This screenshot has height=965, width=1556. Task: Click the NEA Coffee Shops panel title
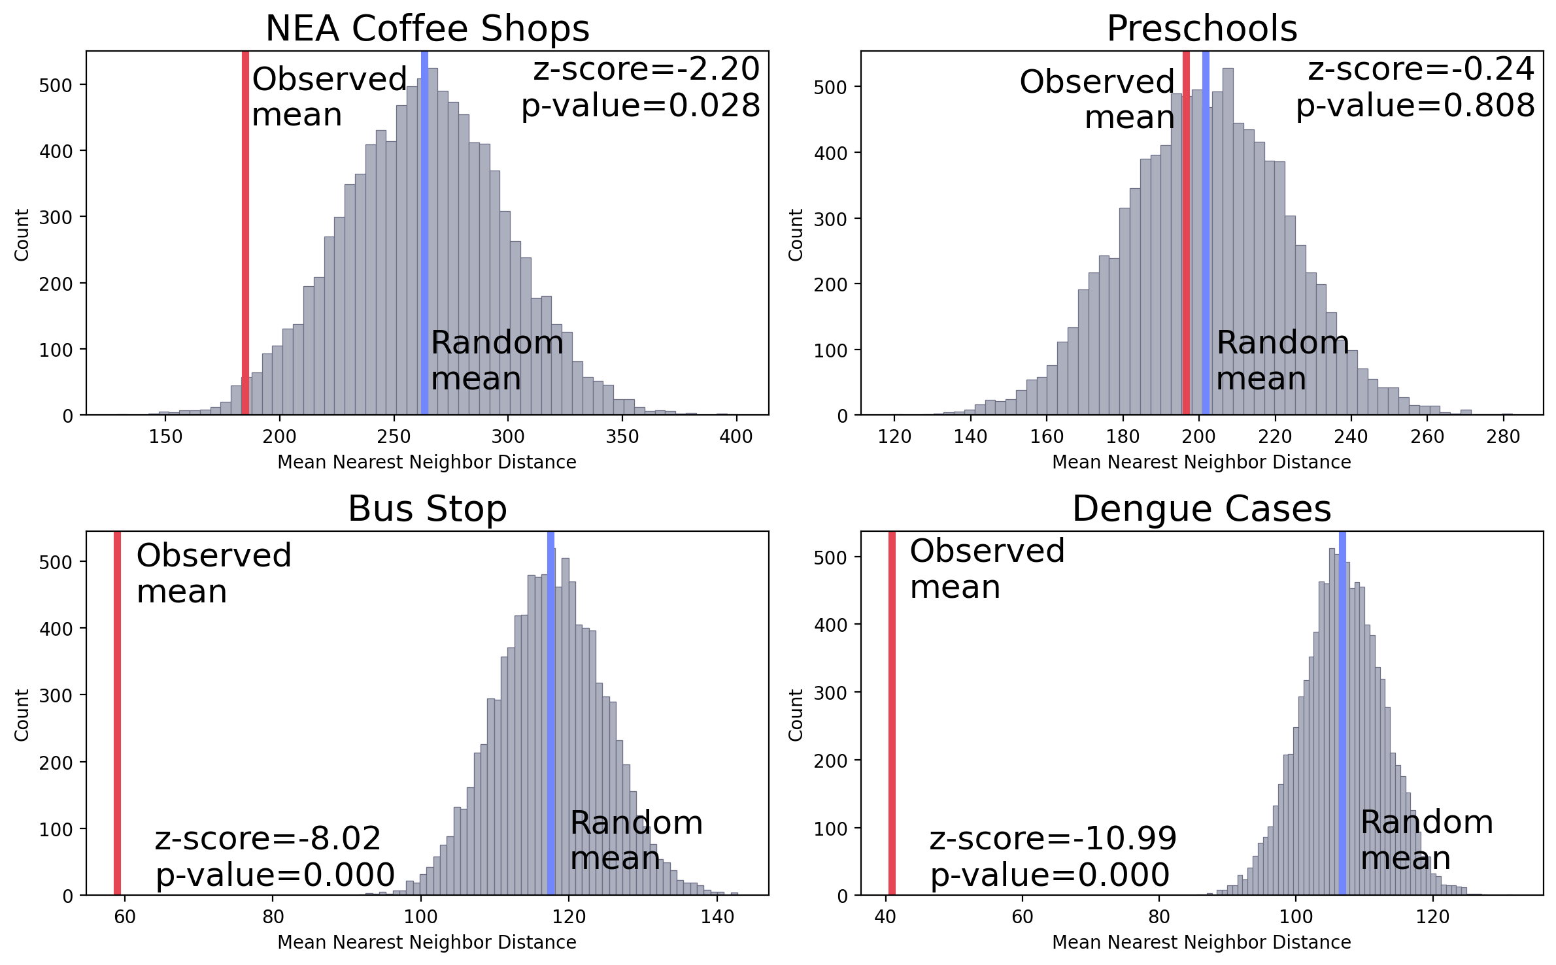(x=427, y=29)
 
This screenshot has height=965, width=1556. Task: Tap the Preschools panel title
(x=1202, y=29)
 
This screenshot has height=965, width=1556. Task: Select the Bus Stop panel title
(x=427, y=509)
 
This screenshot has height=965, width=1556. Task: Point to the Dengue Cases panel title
(x=1202, y=509)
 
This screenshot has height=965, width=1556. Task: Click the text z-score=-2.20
(x=646, y=69)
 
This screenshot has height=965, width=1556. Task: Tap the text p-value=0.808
(x=1415, y=106)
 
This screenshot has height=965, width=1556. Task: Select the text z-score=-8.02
(x=267, y=839)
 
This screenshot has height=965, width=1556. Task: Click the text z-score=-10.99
(x=1053, y=839)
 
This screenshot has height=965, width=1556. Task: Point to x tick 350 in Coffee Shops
(x=622, y=437)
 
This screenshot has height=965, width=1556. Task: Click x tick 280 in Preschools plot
(x=1502, y=437)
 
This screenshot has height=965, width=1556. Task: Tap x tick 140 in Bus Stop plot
(x=717, y=917)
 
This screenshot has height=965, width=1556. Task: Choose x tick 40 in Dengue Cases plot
(x=885, y=917)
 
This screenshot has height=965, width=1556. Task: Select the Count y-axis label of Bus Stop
(x=22, y=715)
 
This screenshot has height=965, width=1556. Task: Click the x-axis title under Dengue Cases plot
(x=1201, y=942)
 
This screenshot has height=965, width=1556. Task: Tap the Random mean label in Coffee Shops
(x=497, y=361)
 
